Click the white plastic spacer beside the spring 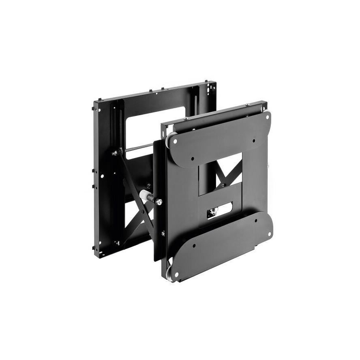point(144,195)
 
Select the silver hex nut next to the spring point(159,202)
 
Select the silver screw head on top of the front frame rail point(185,119)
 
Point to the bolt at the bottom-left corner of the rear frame point(118,243)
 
